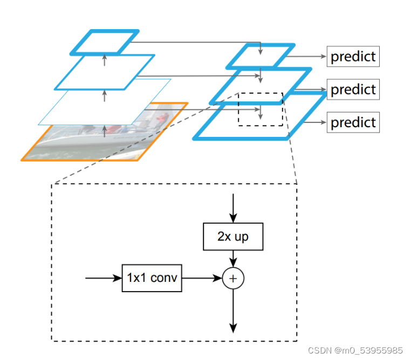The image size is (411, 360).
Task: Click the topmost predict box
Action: tap(353, 56)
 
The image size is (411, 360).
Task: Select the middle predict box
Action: tap(353, 89)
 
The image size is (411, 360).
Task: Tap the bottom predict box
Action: tap(353, 122)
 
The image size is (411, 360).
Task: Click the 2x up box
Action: tap(233, 237)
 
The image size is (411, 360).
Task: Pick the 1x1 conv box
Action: tap(152, 278)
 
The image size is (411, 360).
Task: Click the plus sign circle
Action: tap(233, 278)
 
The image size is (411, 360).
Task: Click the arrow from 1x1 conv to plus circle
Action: tap(202, 278)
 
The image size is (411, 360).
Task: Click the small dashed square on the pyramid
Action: tap(261, 109)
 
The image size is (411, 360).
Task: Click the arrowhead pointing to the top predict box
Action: tap(323, 56)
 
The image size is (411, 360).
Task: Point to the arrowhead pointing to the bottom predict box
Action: tap(323, 122)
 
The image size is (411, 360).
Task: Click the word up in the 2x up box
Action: tap(241, 237)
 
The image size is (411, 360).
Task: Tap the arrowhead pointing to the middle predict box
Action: tap(323, 89)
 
